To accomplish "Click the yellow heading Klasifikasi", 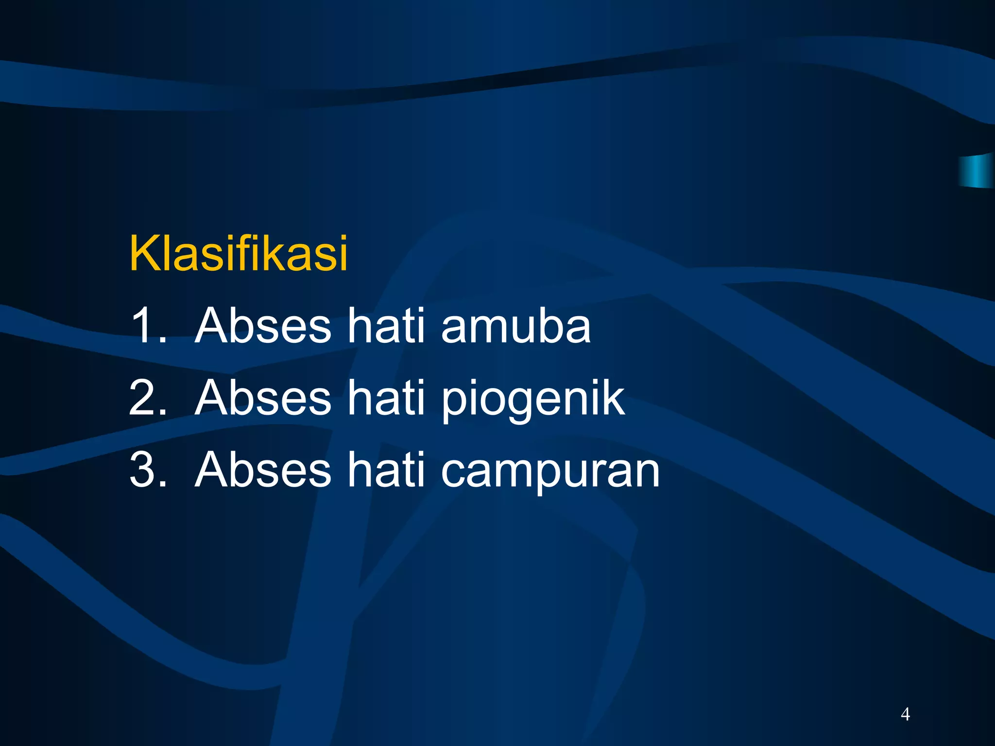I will pyautogui.click(x=238, y=253).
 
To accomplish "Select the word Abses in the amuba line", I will pyautogui.click(x=263, y=325).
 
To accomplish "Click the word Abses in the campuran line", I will pyautogui.click(x=263, y=469).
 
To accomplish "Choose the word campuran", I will pyautogui.click(x=550, y=471).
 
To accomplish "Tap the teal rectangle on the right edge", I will pyautogui.click(x=977, y=171).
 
